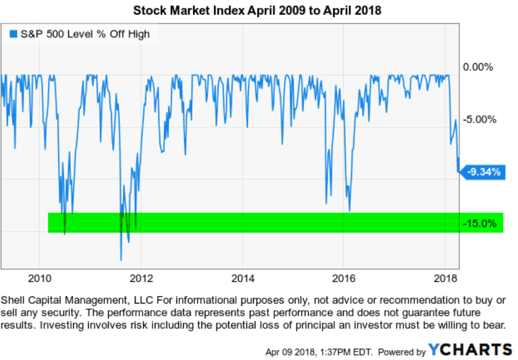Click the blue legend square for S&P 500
(14, 34)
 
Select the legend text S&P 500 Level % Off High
(85, 34)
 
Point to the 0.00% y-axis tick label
(477, 67)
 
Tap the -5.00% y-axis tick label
(478, 119)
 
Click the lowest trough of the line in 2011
(121, 260)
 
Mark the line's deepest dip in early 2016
(349, 211)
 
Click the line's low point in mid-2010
(65, 234)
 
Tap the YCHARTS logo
(470, 349)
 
